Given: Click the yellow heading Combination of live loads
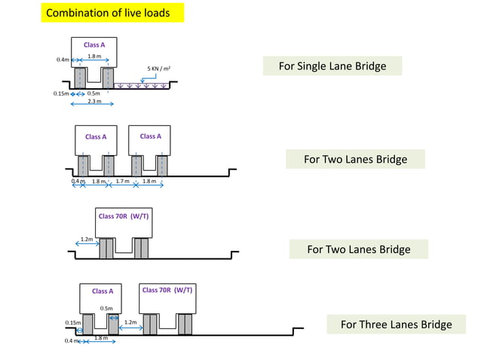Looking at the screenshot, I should click(x=113, y=14).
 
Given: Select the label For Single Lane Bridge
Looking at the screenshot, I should click(x=332, y=66).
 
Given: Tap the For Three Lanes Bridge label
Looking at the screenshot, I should click(x=396, y=325).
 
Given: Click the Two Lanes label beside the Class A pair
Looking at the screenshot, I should click(x=355, y=160).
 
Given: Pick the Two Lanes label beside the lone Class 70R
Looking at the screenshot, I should click(x=358, y=249).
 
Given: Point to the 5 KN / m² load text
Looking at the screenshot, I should click(x=158, y=69).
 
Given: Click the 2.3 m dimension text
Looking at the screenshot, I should click(x=94, y=101).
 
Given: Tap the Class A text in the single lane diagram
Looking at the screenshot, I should click(x=94, y=45).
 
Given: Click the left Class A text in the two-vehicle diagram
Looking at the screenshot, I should click(x=96, y=137).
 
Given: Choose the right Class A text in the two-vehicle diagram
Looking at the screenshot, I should click(x=150, y=136).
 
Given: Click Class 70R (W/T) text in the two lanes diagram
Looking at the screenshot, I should click(x=124, y=216).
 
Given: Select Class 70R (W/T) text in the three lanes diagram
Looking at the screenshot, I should click(x=167, y=290).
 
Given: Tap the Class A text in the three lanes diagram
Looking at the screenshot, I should click(x=103, y=291).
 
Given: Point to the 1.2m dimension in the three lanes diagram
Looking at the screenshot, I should click(x=130, y=322).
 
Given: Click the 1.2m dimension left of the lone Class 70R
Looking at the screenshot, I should click(x=87, y=239).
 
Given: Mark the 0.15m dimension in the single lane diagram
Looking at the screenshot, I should click(x=60, y=94).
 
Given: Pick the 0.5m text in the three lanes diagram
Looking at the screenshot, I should click(x=107, y=308).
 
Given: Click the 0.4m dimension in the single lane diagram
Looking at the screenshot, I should click(x=63, y=59).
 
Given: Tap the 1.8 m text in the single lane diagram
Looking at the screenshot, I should click(x=94, y=56).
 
